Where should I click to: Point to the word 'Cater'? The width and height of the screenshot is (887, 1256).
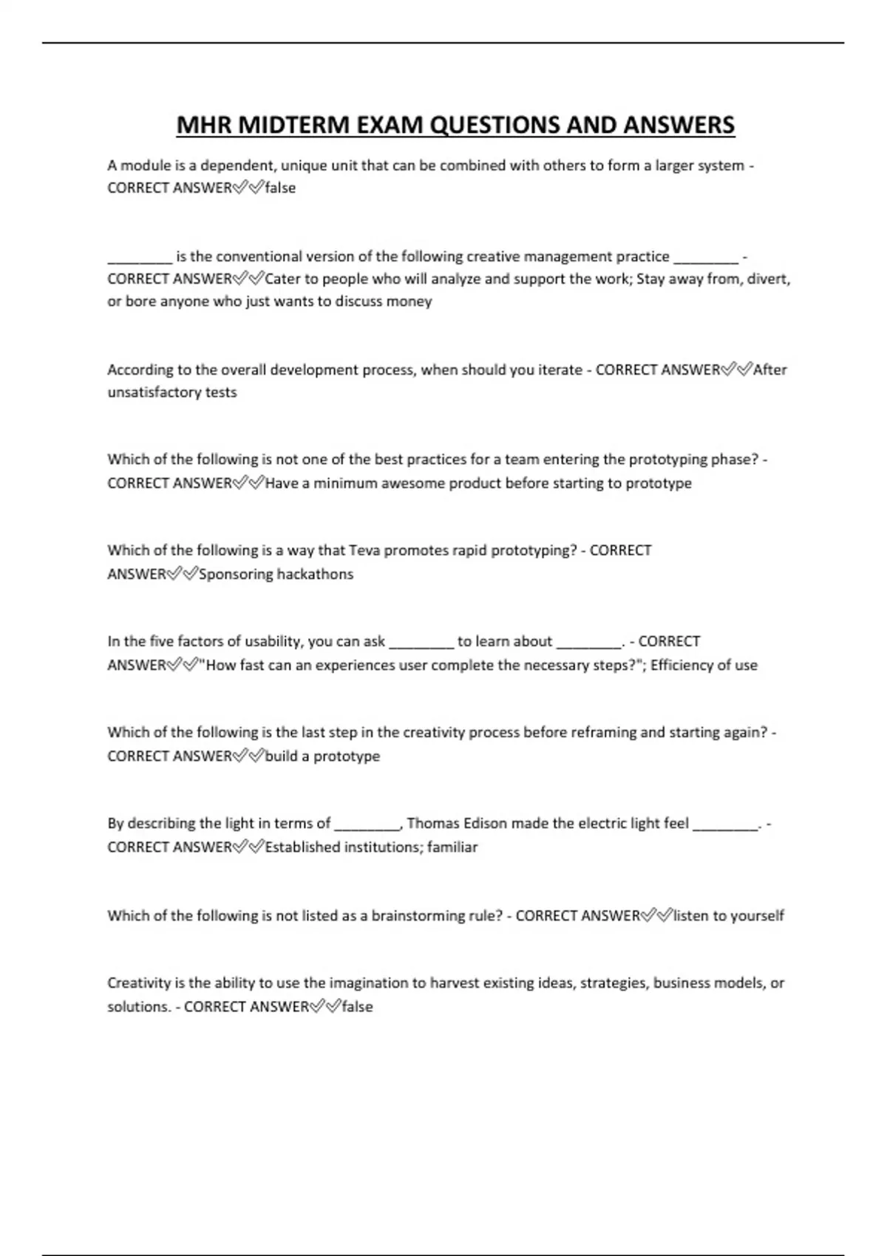[282, 279]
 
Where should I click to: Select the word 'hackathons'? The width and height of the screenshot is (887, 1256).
[314, 574]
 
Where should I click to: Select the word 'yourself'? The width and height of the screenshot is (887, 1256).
[757, 916]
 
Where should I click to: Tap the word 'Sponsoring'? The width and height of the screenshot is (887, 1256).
[236, 574]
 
